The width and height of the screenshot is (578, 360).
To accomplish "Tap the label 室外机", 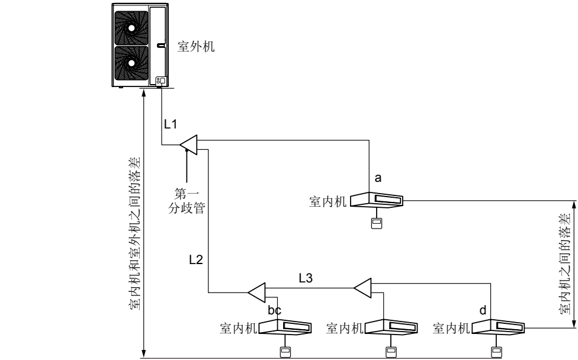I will pos(197,47).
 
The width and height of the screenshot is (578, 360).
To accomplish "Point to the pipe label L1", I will pos(171,124).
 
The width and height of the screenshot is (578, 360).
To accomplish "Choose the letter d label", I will pos(483,310).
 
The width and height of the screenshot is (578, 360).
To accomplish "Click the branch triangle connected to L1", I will pos(189,143).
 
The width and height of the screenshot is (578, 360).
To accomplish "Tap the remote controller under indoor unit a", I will pos(375,223).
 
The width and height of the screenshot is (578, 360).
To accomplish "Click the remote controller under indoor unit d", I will pos(495,351).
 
